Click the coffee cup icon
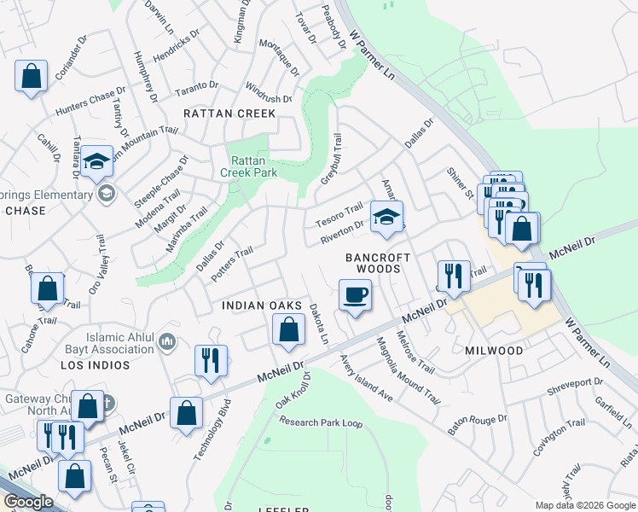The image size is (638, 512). [356, 295]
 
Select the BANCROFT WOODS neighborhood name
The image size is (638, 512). [378, 263]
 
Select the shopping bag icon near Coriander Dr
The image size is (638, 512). [31, 76]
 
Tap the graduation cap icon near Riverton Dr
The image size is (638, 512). [386, 219]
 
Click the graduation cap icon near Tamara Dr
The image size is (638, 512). [97, 160]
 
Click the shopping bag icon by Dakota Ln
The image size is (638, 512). [289, 329]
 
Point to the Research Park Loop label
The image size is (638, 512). [322, 422]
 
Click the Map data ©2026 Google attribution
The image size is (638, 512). [584, 505]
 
